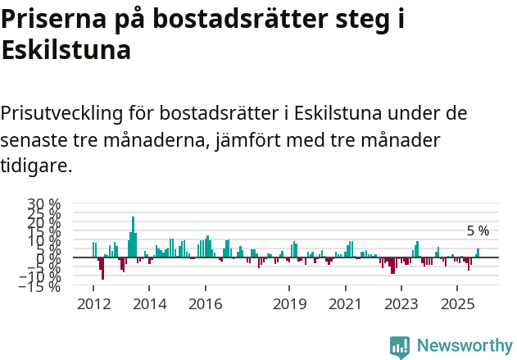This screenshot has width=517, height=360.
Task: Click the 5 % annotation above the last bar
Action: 478,231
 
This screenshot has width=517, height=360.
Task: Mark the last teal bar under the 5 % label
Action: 478,253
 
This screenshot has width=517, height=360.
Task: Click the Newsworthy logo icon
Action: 400,346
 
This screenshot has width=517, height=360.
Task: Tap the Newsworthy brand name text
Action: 465,346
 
